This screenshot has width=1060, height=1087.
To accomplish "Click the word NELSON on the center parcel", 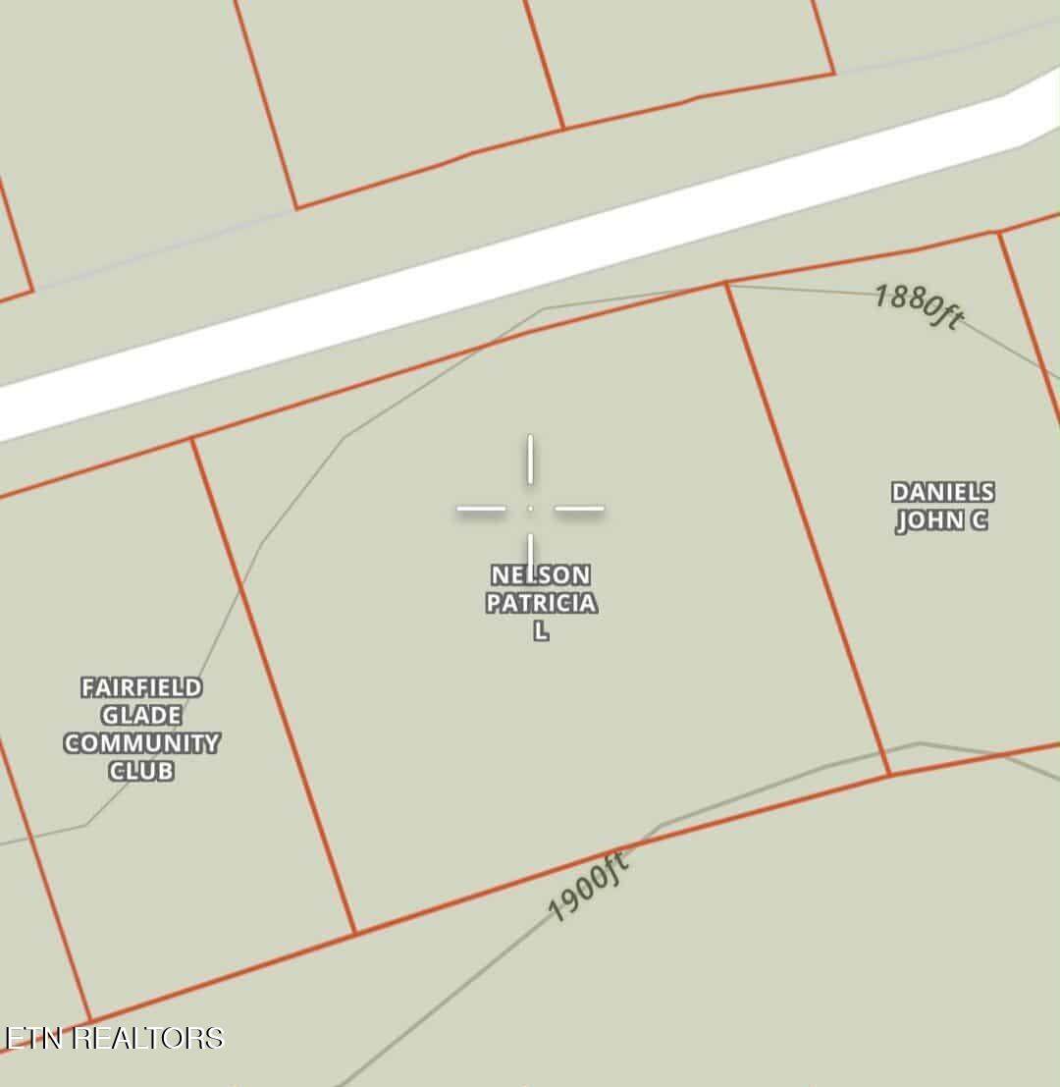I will click(x=541, y=574).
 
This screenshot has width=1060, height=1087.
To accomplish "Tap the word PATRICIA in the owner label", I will click(x=541, y=603).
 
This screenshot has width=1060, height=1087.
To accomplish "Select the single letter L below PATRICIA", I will click(x=541, y=631).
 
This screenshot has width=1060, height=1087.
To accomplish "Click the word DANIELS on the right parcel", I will click(x=942, y=492).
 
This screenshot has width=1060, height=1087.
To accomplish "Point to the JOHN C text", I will click(x=942, y=520).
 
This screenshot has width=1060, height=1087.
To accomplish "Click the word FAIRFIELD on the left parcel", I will click(x=141, y=687).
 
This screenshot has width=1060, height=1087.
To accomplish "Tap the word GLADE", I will click(x=141, y=715).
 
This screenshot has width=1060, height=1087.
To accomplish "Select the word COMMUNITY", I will click(x=141, y=743).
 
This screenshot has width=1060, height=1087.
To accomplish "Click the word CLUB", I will click(x=141, y=771).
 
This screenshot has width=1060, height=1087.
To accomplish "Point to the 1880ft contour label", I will click(x=919, y=306).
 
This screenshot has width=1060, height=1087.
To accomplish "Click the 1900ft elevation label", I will click(x=587, y=888).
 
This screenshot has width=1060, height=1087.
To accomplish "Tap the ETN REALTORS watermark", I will click(x=114, y=1038).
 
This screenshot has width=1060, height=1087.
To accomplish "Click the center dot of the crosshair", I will click(x=530, y=509).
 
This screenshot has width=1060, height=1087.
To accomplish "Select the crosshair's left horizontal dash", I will click(x=481, y=509).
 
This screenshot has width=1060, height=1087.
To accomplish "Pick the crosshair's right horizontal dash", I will click(x=579, y=509).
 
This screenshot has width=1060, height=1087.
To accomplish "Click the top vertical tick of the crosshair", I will click(x=530, y=460).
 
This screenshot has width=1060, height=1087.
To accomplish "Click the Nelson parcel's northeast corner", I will click(x=726, y=284).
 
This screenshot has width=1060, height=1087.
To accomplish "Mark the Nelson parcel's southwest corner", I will click(x=355, y=933).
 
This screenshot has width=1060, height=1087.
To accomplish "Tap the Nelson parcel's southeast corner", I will click(x=889, y=776).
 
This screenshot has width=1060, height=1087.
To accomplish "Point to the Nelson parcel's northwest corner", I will click(x=192, y=440).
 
